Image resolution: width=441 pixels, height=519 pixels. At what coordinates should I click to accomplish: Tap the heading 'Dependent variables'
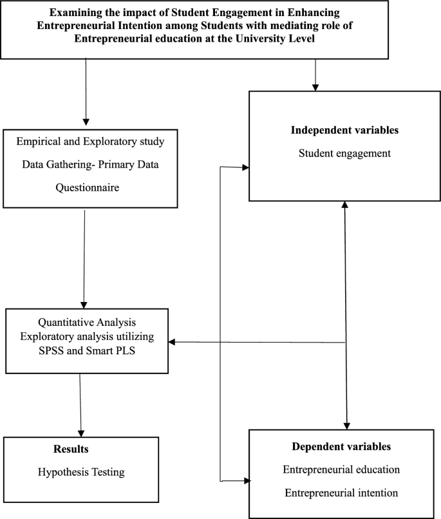(x=341, y=446)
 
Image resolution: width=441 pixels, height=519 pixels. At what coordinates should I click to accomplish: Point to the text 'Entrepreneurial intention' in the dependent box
(x=341, y=493)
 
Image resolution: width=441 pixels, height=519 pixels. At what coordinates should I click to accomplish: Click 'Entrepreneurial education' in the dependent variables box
(x=341, y=469)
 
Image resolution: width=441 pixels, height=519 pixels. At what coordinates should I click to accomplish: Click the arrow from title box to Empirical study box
(x=86, y=90)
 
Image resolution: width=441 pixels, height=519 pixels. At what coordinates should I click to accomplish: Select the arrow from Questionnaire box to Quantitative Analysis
(x=84, y=258)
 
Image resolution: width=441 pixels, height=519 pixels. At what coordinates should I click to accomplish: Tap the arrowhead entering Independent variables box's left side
(x=245, y=167)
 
